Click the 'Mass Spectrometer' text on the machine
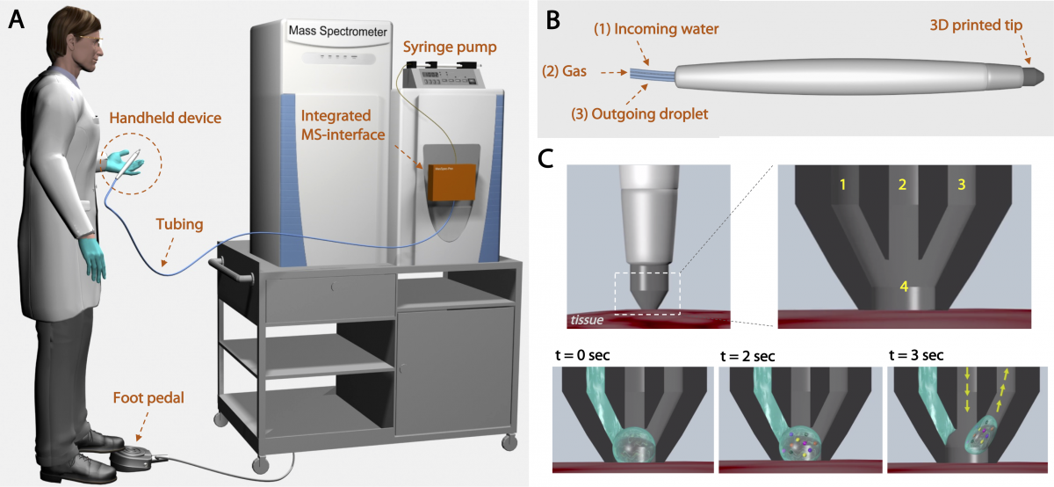[338, 32]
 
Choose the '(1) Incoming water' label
[661, 29]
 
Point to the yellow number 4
[902, 285]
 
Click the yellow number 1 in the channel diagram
[842, 185]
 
